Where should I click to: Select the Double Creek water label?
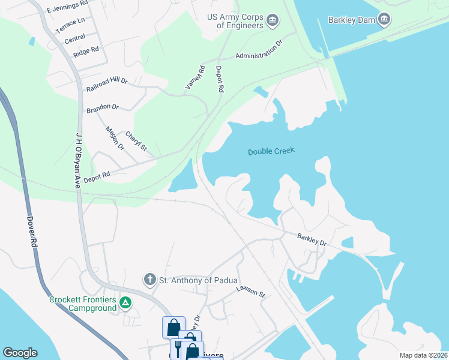click(x=271, y=152)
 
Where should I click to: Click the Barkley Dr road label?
click(x=312, y=241)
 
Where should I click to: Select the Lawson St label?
click(x=250, y=292)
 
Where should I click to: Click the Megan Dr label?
click(x=114, y=138)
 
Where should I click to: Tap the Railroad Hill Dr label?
click(x=107, y=85)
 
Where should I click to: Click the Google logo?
click(x=20, y=353)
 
